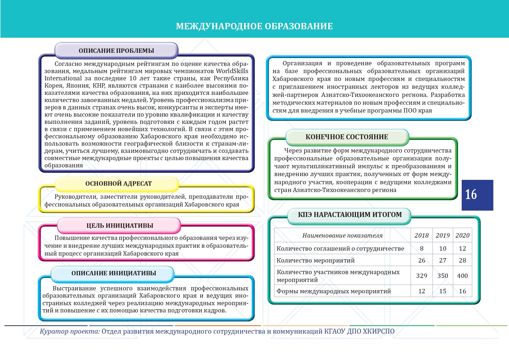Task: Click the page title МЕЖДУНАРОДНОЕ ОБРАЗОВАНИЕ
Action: click(254, 26)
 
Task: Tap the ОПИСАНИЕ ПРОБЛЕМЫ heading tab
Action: click(116, 50)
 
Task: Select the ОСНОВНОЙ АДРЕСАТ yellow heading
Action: click(118, 184)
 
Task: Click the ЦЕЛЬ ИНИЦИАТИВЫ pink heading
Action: click(120, 226)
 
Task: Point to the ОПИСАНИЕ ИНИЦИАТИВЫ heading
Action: click(114, 273)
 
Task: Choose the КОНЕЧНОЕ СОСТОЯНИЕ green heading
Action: click(347, 137)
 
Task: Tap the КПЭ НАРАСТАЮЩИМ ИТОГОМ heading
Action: click(350, 215)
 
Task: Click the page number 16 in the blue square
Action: click(471, 195)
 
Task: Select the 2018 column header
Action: click(421, 236)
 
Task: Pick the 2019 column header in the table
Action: click(443, 236)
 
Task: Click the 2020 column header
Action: click(462, 236)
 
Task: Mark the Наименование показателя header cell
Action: click(342, 236)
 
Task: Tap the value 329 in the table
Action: click(421, 276)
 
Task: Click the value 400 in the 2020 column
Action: click(462, 276)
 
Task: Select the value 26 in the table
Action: click(421, 260)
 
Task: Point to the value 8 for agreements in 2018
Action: click(421, 249)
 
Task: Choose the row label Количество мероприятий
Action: click(315, 260)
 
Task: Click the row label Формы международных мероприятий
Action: click(334, 291)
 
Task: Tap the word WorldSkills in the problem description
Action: click(232, 71)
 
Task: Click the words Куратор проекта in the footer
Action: click(70, 331)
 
